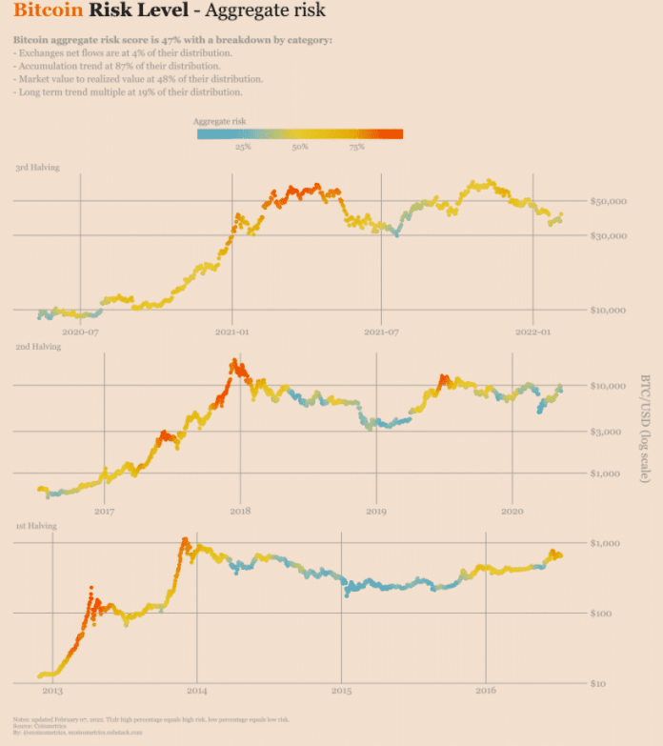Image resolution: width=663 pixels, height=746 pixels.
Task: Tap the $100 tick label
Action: tap(613, 613)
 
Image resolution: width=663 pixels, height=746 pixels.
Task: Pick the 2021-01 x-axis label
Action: tap(231, 333)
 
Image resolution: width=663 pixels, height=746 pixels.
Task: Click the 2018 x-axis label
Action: tap(240, 512)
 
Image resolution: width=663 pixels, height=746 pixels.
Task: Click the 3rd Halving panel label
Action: tap(37, 168)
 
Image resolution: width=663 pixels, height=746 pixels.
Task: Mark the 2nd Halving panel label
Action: tap(37, 347)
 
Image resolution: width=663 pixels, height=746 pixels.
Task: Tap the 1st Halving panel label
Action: tap(35, 526)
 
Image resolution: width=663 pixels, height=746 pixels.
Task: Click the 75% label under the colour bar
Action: tap(356, 148)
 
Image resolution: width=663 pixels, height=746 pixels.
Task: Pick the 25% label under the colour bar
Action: tap(243, 148)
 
